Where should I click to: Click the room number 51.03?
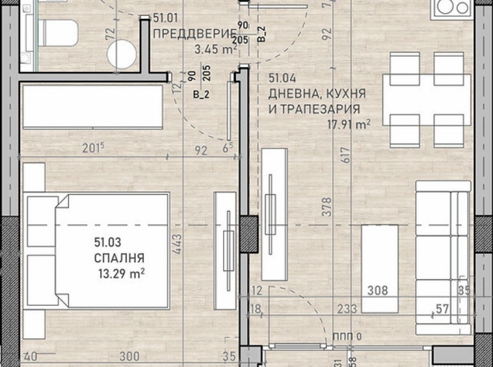click(x=108, y=244)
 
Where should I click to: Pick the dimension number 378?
click(x=327, y=207)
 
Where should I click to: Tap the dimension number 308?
click(x=379, y=291)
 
